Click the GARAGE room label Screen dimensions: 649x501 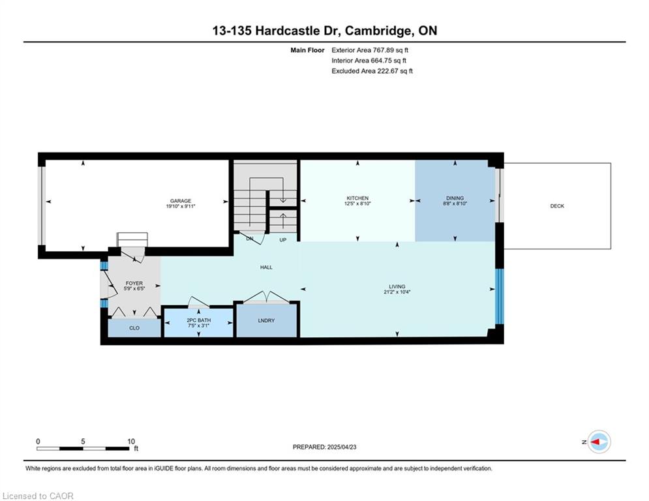[181, 201]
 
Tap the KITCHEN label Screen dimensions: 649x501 [357, 198]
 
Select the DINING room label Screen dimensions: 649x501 [455, 198]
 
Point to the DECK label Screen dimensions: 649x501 [557, 205]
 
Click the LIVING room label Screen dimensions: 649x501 [397, 286]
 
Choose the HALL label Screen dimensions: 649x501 [266, 267]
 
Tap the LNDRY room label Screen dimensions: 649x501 [266, 320]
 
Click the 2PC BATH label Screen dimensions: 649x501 [199, 320]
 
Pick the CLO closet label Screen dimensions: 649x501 [134, 328]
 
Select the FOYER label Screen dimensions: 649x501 [134, 283]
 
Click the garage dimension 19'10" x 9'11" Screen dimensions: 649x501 [181, 205]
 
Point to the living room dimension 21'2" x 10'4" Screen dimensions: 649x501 [397, 292]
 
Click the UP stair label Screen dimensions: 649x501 [282, 239]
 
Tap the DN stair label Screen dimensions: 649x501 [250, 239]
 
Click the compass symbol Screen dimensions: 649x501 [599, 442]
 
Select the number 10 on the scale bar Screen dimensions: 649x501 [131, 442]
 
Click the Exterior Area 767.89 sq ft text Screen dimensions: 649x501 [370, 50]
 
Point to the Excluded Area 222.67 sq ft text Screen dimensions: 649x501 [372, 71]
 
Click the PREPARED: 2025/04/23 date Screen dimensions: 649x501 [325, 447]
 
